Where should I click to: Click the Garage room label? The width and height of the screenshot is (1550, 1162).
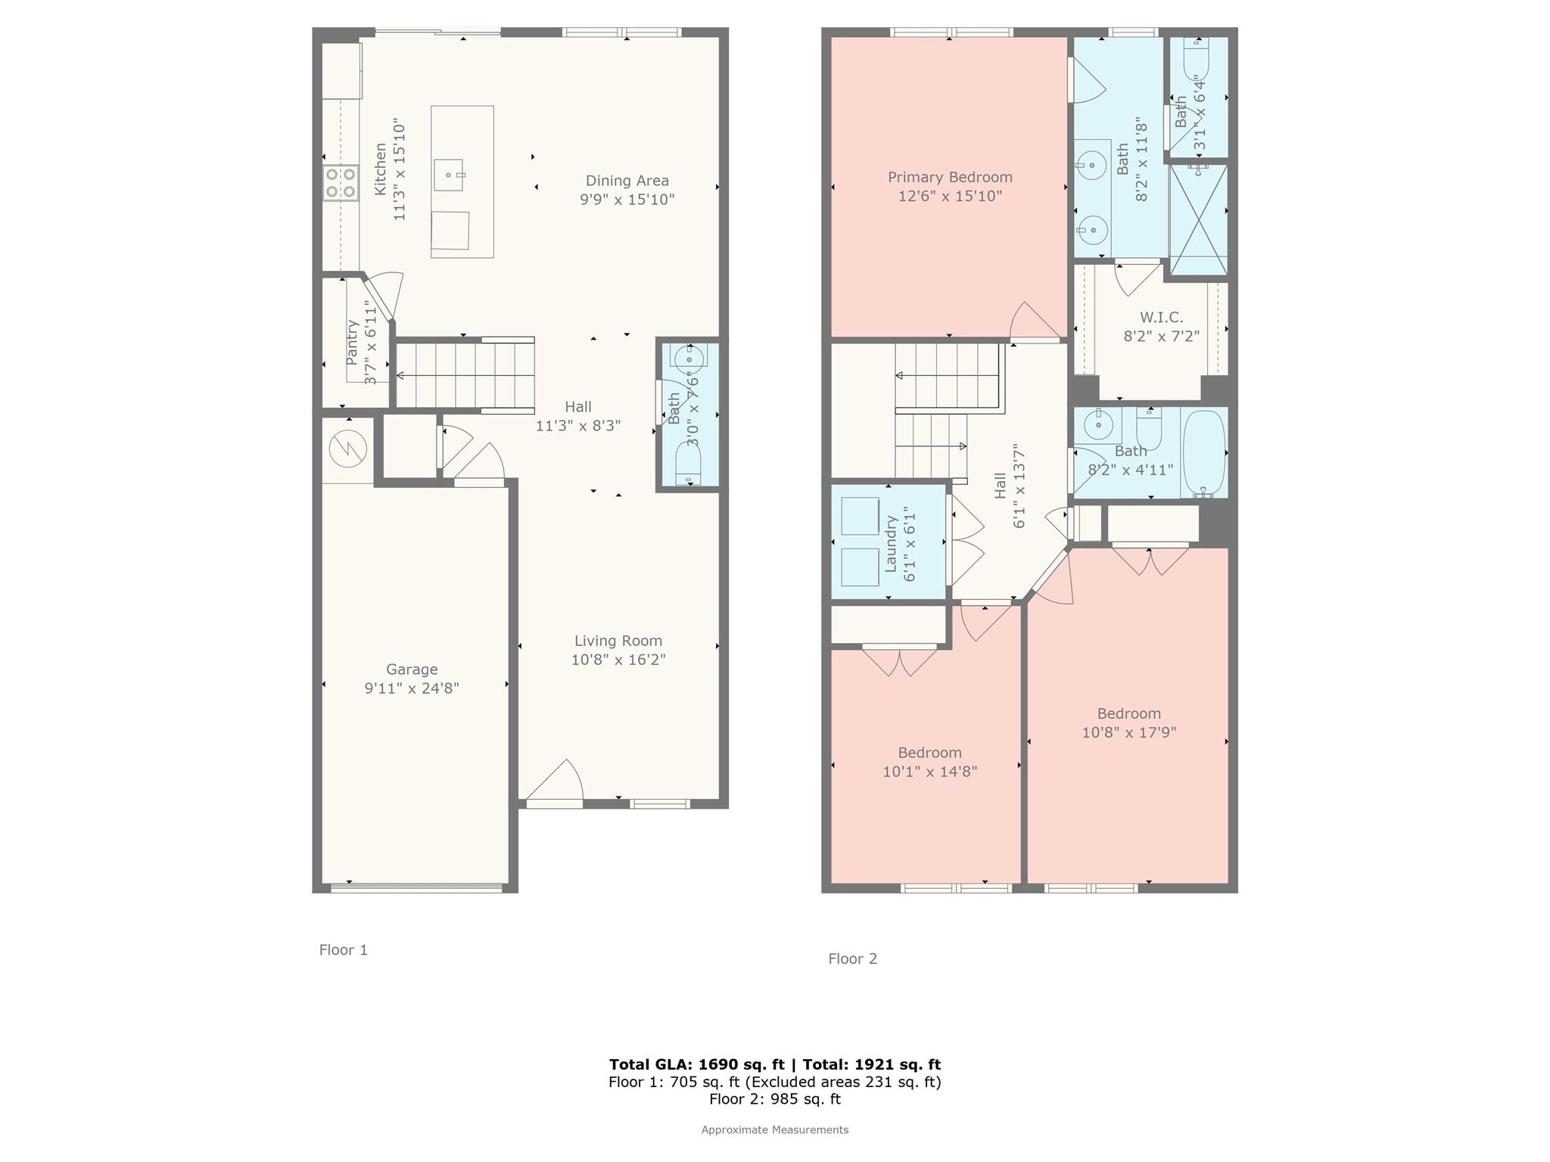(x=412, y=670)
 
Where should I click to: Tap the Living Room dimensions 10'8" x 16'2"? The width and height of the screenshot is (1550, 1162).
(x=618, y=660)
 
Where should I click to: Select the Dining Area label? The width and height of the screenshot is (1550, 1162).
(x=627, y=181)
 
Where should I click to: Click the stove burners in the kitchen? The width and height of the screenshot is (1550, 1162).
(x=341, y=183)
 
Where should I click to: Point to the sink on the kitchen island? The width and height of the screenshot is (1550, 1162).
(x=449, y=175)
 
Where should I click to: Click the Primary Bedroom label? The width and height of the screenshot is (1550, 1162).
(x=950, y=177)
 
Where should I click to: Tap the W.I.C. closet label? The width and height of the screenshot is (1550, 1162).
(x=1161, y=318)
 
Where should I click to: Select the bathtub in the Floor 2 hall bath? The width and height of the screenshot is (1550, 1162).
(x=1204, y=453)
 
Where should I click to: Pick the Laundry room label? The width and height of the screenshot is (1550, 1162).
(x=891, y=544)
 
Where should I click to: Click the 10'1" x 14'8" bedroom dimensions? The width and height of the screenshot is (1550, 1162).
(x=930, y=772)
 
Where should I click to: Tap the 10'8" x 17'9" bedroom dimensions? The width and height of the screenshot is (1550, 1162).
(x=1129, y=732)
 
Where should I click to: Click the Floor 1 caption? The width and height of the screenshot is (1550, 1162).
(x=344, y=950)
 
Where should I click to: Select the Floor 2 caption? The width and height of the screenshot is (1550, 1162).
(x=853, y=959)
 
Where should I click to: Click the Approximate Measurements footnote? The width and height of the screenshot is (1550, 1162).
(x=775, y=1129)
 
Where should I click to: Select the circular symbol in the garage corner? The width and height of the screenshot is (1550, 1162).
(x=348, y=449)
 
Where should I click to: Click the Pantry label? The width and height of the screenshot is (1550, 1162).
(x=352, y=343)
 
